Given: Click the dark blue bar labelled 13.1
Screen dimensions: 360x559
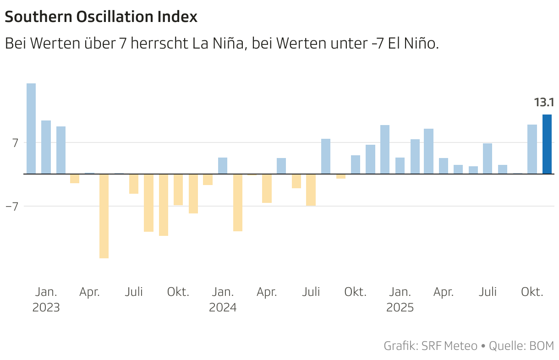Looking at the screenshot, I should click(x=547, y=144).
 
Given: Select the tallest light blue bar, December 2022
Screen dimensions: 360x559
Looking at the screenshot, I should click(x=31, y=129).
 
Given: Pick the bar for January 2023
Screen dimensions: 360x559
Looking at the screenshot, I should click(x=46, y=147).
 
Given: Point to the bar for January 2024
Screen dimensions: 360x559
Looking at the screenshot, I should click(x=223, y=166).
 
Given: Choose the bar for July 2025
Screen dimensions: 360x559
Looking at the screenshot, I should click(x=488, y=158).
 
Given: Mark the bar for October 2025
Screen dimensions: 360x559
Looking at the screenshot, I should click(x=532, y=149).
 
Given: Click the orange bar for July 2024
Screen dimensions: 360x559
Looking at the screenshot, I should click(x=311, y=190).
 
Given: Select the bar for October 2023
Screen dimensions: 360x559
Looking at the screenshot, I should click(x=178, y=190).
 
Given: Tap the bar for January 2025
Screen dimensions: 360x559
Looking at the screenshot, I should click(x=400, y=166).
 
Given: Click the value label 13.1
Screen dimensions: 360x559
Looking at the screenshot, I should click(x=544, y=103).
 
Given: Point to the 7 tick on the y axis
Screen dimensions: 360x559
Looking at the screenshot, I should click(x=15, y=143).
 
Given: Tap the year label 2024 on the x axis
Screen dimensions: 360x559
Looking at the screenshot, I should click(x=223, y=307).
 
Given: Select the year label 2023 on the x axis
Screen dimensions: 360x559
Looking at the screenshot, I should click(x=46, y=307).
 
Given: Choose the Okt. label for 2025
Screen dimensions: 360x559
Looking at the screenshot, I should click(x=532, y=292).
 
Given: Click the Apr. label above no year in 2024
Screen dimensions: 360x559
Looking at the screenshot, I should click(x=267, y=292).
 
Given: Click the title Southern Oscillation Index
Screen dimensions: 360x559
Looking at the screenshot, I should click(x=101, y=17).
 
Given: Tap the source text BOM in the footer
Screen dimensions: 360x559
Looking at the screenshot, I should click(x=541, y=346).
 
